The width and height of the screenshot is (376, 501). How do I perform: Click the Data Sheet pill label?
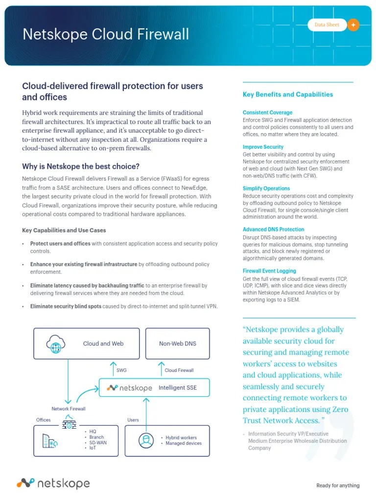(x=327, y=25)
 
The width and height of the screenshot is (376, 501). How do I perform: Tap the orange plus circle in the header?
(x=353, y=25)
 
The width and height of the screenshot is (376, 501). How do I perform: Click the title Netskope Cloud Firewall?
(x=106, y=34)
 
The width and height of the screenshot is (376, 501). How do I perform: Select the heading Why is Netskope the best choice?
(x=81, y=166)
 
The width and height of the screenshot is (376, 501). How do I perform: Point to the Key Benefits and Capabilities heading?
(x=288, y=94)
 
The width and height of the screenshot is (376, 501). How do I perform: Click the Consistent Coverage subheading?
(x=267, y=113)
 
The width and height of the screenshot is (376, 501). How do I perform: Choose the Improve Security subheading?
(x=263, y=147)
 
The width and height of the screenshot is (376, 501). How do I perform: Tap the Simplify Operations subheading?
(x=266, y=188)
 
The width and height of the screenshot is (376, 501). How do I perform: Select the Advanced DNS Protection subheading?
(x=273, y=229)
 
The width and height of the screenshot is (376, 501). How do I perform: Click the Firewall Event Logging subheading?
(x=269, y=271)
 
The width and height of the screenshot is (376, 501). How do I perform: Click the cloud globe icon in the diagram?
(x=56, y=343)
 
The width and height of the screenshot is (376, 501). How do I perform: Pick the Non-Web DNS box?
(x=177, y=343)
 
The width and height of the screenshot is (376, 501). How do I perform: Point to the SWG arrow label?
(x=121, y=370)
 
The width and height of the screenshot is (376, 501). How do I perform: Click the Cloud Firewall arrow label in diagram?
(x=179, y=370)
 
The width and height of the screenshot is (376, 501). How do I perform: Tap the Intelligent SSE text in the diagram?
(x=179, y=387)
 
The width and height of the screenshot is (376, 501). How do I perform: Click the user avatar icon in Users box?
(x=145, y=440)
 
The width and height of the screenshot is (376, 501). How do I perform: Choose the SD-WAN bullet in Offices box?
(x=98, y=442)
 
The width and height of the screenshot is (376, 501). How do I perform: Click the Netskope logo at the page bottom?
(x=53, y=483)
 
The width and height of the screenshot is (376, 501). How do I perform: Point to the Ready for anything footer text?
(x=338, y=485)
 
